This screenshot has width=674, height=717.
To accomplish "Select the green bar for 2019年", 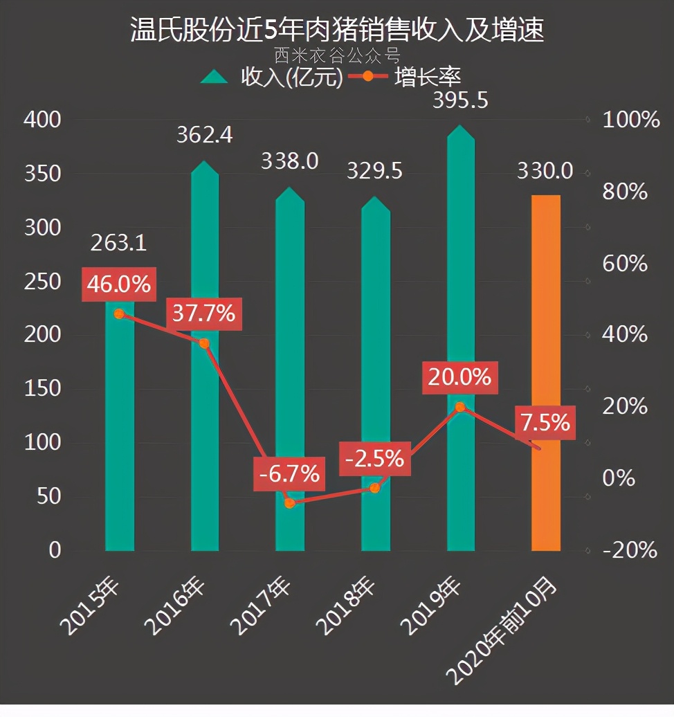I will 460,277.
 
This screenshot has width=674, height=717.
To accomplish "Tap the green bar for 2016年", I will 204,429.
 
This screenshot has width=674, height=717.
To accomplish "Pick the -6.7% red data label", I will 289,474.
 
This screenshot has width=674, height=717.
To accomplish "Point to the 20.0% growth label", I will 459,377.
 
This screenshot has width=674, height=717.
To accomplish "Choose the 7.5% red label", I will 545,422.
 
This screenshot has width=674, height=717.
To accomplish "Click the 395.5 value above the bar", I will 460,100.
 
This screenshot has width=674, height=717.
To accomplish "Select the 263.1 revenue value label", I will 118,243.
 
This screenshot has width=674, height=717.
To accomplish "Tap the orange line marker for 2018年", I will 375,488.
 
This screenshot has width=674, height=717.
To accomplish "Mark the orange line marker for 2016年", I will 204,343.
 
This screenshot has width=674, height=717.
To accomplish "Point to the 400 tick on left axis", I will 43,120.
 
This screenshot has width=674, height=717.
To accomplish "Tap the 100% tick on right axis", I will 631,120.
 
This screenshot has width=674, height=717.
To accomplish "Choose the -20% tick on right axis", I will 630,550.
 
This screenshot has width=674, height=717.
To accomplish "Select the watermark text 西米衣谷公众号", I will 337,54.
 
